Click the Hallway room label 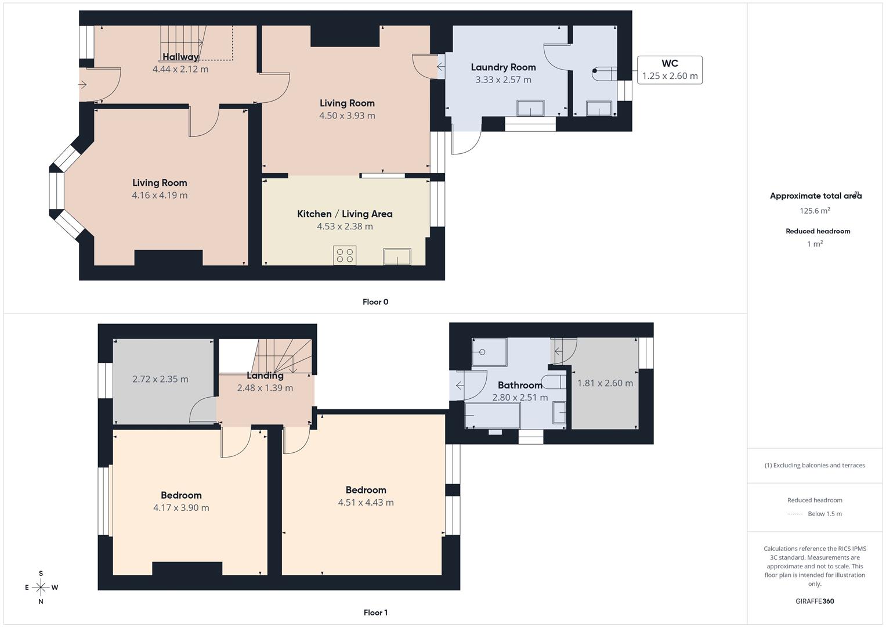coord(180,57)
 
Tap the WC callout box coord(670,70)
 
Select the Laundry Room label coord(503,67)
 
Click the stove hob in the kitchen coord(345,255)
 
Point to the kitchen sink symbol coord(397,257)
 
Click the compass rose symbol coord(41,588)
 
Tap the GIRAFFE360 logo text coord(815,601)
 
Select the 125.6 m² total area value coord(815,211)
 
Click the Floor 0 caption coord(375,302)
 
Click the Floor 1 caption coord(375,612)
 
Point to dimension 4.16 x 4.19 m coord(160,196)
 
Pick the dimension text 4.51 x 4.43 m coord(366,503)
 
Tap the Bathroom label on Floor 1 coord(520,385)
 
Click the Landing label coord(265,376)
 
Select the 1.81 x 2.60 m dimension coord(605,383)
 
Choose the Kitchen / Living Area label coord(345,214)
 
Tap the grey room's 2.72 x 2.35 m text coord(160,379)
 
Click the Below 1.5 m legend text coord(824,514)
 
